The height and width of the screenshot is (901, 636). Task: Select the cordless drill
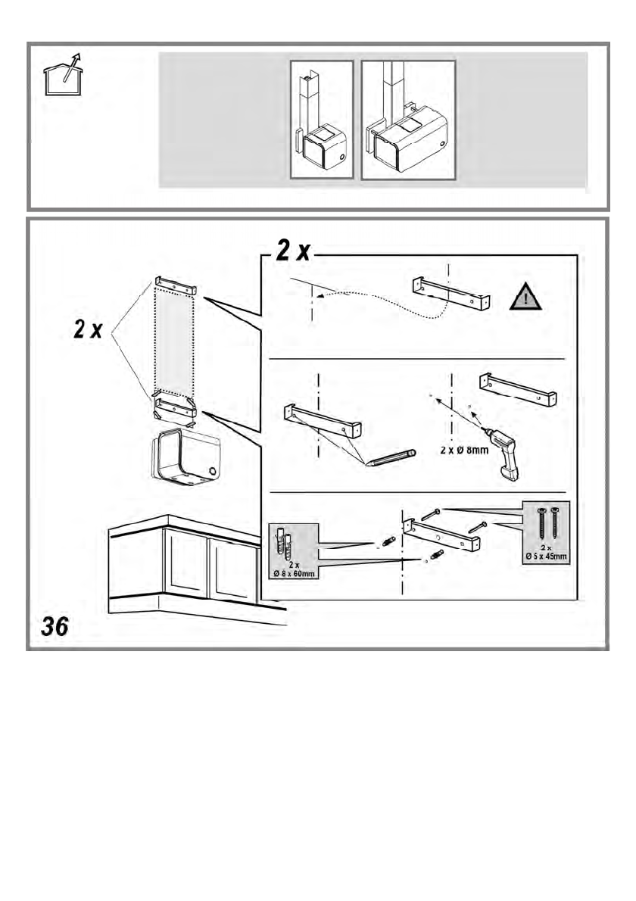[x=502, y=451]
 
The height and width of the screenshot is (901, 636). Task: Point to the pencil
[x=391, y=457]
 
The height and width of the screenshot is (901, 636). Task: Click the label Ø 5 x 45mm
[x=546, y=556]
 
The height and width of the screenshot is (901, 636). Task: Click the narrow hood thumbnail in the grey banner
[x=323, y=120]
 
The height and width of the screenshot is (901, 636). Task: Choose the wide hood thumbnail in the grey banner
[x=408, y=120]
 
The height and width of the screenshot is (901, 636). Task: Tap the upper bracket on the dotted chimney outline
[x=176, y=285]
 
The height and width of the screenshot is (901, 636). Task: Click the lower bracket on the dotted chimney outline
[x=175, y=410]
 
